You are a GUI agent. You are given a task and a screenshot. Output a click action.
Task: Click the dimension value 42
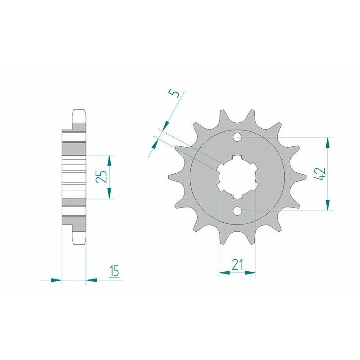[321, 173]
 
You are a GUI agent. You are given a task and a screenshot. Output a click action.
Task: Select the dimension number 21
[237, 265]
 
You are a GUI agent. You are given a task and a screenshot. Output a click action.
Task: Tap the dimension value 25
[102, 176]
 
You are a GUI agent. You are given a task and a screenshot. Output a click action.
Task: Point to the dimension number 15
[114, 271]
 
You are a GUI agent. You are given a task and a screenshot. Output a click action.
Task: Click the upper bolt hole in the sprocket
[237, 136]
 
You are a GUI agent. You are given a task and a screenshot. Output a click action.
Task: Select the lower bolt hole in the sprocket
[237, 211]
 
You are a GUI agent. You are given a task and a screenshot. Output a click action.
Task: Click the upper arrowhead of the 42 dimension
[328, 142]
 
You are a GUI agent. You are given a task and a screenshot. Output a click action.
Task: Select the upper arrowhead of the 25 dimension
[109, 160]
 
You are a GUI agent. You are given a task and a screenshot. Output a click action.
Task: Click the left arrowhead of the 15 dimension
[56, 280]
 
